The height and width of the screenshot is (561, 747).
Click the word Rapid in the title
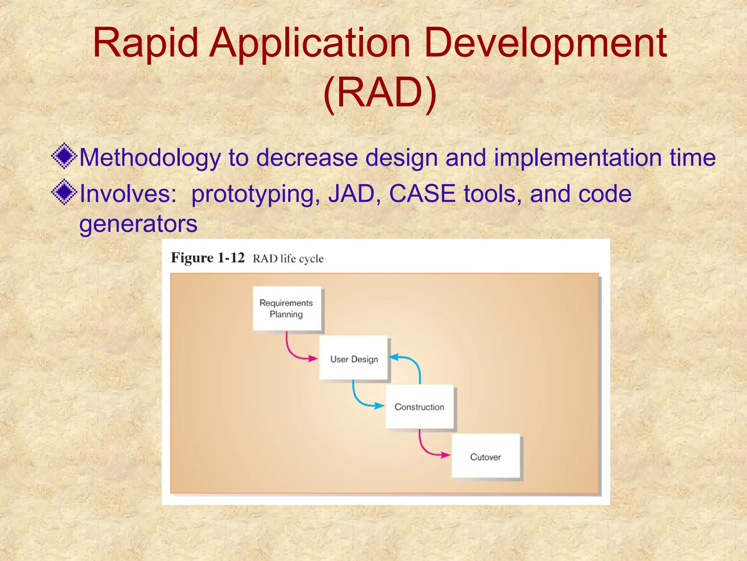(x=145, y=44)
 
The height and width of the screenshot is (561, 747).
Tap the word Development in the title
(x=545, y=44)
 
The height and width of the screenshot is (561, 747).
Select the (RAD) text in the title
(x=380, y=93)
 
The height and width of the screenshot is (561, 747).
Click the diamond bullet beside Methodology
(x=64, y=156)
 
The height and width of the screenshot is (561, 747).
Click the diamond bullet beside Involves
(x=64, y=192)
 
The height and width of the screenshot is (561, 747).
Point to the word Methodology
(x=150, y=158)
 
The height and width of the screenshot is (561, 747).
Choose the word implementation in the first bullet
(x=577, y=158)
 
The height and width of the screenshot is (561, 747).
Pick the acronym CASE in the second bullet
(x=422, y=194)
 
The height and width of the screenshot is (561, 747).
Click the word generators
(x=138, y=224)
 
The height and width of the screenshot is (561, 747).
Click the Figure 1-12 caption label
(x=208, y=258)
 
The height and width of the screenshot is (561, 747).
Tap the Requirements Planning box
(x=286, y=309)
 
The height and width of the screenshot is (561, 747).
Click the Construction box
(x=419, y=407)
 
